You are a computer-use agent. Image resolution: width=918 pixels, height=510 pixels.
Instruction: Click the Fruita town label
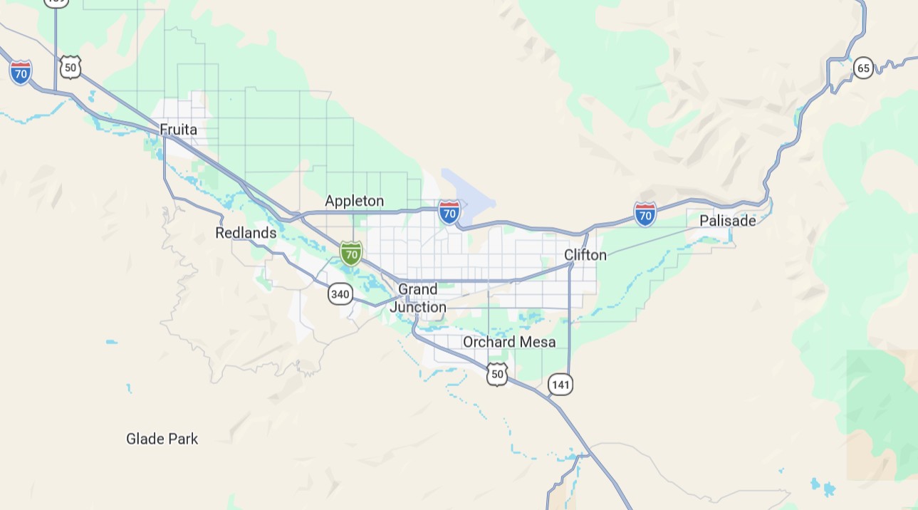[178, 130]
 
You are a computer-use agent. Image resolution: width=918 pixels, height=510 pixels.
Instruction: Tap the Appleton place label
[354, 201]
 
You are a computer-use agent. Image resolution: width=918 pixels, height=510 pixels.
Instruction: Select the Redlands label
[246, 233]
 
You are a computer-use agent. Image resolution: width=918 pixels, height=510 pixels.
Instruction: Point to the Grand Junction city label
[418, 298]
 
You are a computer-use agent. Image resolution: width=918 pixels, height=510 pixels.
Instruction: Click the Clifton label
[585, 255]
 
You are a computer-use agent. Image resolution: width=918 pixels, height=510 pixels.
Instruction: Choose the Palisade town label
[727, 221]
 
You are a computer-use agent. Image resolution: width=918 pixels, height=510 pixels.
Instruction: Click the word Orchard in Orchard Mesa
[488, 343]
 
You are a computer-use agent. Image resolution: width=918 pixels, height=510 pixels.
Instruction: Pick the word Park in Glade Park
[184, 439]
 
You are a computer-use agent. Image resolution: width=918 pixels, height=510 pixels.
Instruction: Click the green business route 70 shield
[350, 253]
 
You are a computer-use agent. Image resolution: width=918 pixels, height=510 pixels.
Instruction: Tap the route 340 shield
[340, 293]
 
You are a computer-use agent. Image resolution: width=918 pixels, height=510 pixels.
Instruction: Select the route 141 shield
[560, 385]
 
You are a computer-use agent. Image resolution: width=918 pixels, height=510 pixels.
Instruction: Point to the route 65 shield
[863, 68]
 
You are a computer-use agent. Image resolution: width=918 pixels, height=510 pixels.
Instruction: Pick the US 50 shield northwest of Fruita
[70, 68]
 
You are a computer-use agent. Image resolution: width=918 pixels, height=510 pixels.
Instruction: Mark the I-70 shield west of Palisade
[645, 214]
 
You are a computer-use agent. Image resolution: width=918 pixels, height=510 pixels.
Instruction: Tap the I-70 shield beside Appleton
[449, 212]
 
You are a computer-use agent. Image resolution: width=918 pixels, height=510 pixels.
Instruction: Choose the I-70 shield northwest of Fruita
[21, 73]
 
